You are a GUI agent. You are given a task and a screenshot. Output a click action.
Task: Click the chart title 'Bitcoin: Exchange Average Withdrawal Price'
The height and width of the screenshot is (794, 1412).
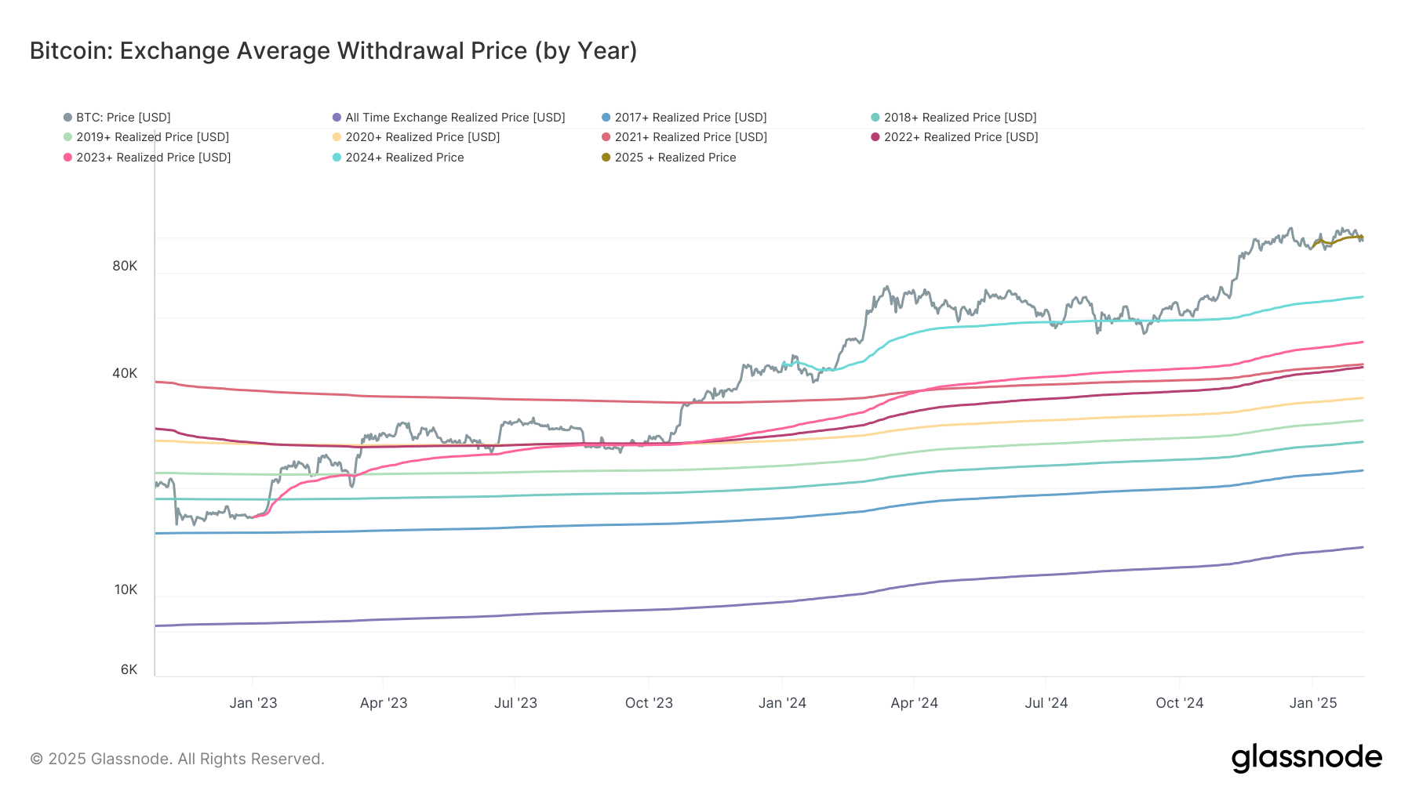[x=333, y=51]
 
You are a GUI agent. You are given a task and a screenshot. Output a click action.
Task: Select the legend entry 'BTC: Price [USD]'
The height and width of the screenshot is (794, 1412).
[x=123, y=118]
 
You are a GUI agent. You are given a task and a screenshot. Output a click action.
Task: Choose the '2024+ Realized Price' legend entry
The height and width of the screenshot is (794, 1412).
[x=404, y=158]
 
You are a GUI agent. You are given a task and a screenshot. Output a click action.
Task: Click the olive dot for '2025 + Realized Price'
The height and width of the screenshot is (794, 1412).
[x=606, y=158]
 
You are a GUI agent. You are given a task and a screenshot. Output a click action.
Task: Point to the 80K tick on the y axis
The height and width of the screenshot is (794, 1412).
[x=125, y=266]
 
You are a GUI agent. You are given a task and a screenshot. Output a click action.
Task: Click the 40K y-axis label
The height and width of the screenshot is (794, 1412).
[x=125, y=373]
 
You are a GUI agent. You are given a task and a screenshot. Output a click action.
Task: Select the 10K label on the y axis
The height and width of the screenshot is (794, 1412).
[x=126, y=589]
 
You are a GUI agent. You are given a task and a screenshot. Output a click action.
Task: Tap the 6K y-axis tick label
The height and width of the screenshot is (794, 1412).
[x=129, y=669]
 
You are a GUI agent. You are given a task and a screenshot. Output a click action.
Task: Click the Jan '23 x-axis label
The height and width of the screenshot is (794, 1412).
[x=253, y=703]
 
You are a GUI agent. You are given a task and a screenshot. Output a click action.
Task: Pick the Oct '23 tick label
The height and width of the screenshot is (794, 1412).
[x=649, y=703]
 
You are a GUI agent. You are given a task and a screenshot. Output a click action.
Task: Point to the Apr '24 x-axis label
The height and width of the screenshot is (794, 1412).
[x=914, y=703]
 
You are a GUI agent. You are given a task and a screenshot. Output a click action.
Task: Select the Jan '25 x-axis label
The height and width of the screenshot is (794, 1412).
[x=1312, y=703]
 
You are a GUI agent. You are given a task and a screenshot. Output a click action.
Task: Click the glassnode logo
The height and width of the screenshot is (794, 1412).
[x=1306, y=758]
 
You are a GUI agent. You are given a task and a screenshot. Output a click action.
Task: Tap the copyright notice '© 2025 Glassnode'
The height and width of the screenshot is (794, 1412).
[x=176, y=759]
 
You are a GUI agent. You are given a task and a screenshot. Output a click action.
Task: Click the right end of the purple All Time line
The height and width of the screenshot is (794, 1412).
[x=1362, y=547]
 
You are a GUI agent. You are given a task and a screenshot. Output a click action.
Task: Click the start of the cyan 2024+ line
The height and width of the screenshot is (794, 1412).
[x=784, y=364]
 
